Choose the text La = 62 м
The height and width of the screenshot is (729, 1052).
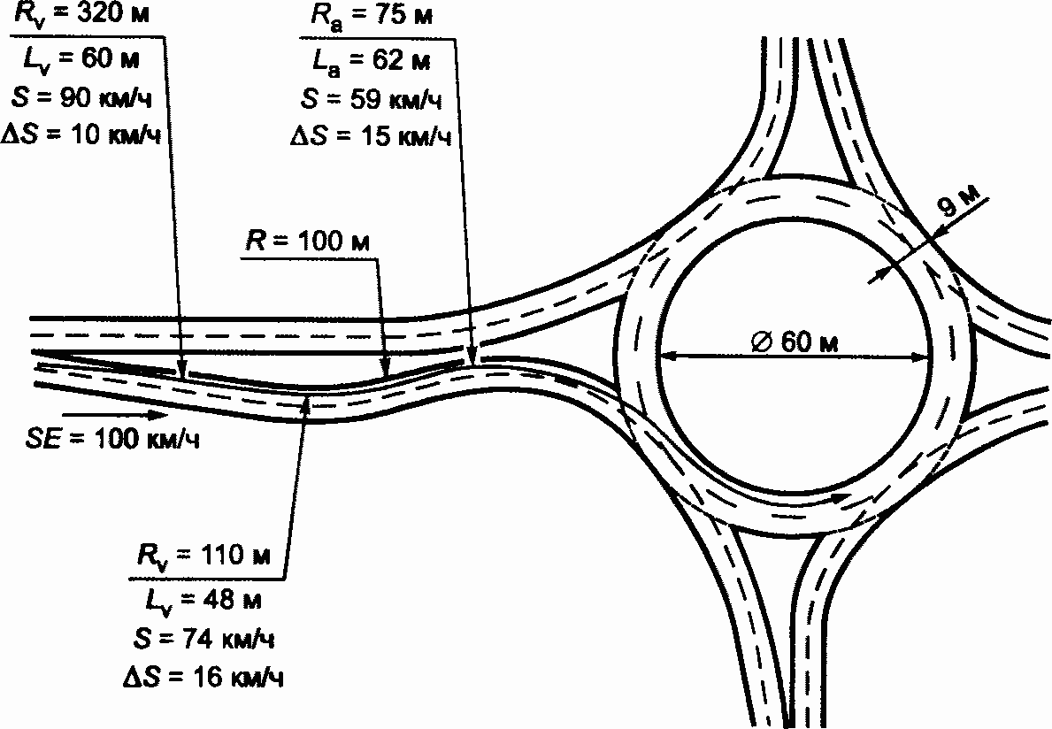click(x=370, y=60)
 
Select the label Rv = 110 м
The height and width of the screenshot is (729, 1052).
click(x=203, y=557)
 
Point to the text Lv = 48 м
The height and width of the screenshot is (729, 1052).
click(x=203, y=600)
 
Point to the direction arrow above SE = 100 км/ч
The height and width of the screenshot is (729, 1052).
click(x=115, y=413)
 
